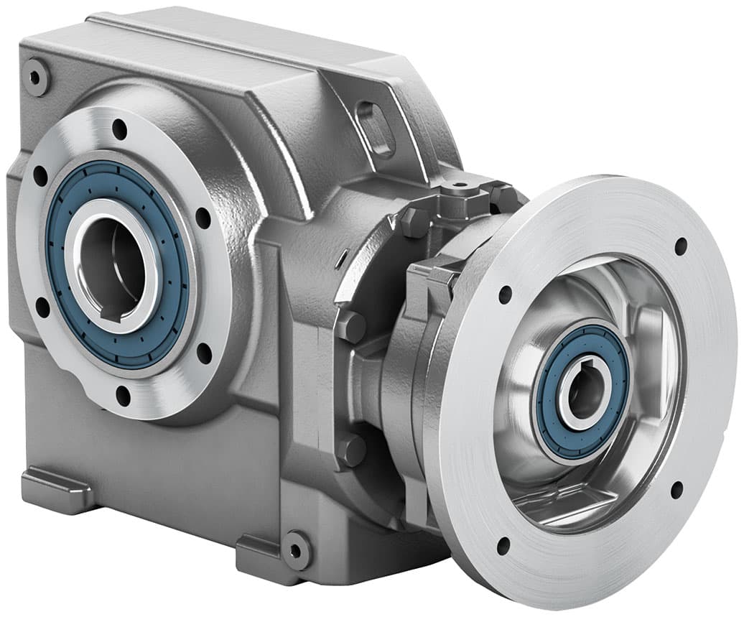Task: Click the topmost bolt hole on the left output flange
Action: [119, 129]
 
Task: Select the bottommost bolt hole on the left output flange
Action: [123, 394]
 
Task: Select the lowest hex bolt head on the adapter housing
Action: [351, 451]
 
